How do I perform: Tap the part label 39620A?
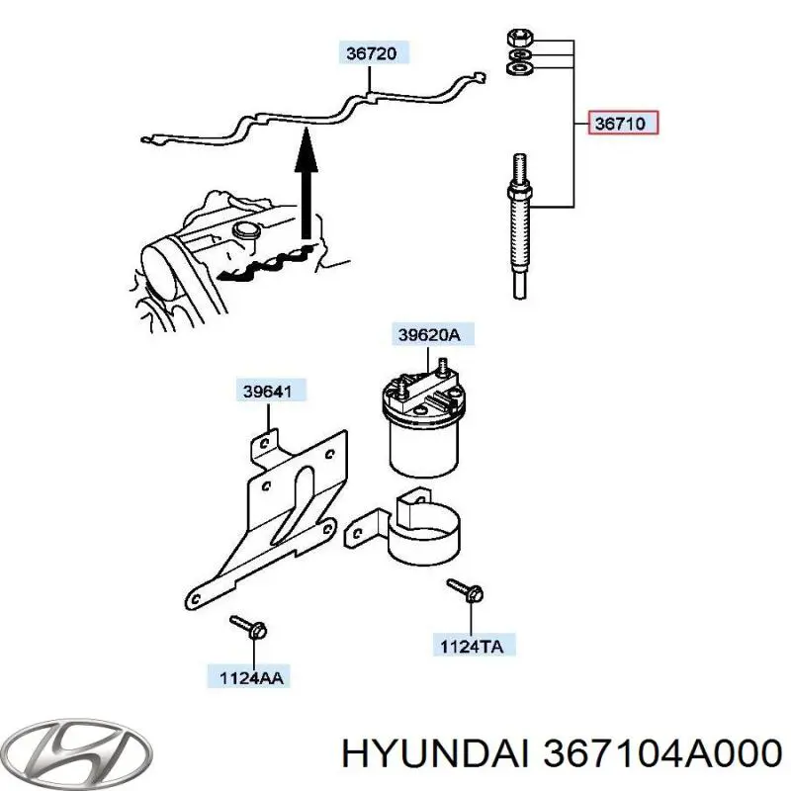pyautogui.click(x=429, y=335)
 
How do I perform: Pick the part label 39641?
pyautogui.click(x=269, y=391)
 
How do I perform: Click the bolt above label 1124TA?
pyautogui.click(x=464, y=590)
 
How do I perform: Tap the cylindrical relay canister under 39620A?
pyautogui.click(x=422, y=435)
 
